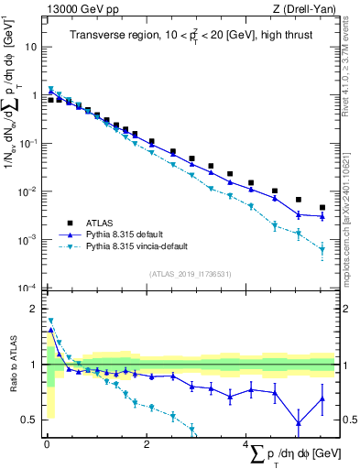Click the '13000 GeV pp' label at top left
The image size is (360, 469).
pyautogui.click(x=78, y=7)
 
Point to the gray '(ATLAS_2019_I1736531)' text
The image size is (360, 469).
pyautogui.click(x=191, y=274)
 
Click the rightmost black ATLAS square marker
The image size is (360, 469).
pyautogui.click(x=322, y=208)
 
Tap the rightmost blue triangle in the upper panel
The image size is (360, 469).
pyautogui.click(x=322, y=216)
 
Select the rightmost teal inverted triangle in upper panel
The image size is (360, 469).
pyautogui.click(x=322, y=249)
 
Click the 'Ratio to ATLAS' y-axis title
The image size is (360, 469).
pyautogui.click(x=13, y=365)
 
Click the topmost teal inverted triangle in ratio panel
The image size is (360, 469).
pyautogui.click(x=50, y=321)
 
